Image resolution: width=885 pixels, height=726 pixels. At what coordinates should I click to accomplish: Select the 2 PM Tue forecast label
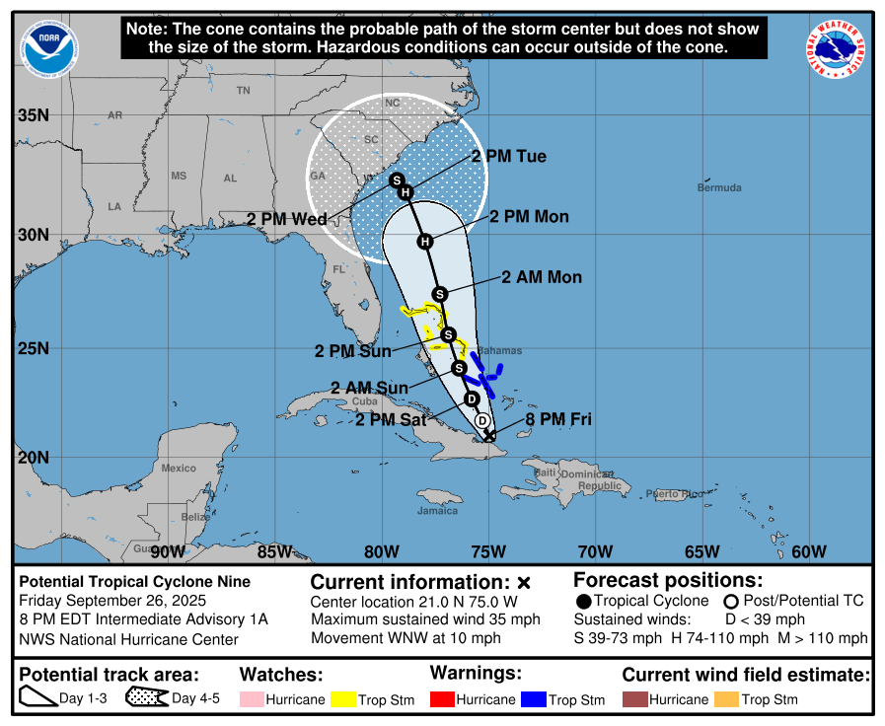coord(508,157)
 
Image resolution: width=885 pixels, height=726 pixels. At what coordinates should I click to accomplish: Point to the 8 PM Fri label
coord(558,419)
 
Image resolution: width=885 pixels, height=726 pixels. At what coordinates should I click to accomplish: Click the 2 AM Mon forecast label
coord(542,277)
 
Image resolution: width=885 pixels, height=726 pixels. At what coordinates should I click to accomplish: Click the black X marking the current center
coord(489,434)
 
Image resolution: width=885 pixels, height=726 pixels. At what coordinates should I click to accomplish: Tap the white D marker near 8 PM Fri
coord(482,420)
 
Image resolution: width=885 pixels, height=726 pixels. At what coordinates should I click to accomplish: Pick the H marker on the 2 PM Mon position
coord(424,242)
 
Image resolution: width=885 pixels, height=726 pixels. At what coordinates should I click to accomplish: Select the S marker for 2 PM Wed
coord(397,181)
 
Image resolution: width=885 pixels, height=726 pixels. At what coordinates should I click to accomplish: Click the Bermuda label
coord(718,187)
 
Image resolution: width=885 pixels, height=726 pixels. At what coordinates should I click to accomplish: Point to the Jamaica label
coord(437,510)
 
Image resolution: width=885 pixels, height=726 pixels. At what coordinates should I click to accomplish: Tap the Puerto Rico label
coord(676,493)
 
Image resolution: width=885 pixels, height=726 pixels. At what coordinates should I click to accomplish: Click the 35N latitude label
coord(33,115)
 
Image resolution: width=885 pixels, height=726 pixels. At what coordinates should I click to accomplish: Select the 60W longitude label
coord(809,551)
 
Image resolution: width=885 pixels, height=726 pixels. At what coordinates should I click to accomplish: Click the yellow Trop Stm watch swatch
coord(343,699)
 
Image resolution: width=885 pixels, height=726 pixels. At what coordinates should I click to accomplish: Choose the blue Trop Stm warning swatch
coord(533,699)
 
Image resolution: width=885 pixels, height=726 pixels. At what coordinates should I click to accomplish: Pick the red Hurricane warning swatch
coord(443,699)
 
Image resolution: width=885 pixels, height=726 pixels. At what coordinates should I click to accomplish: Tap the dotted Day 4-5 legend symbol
coord(146,698)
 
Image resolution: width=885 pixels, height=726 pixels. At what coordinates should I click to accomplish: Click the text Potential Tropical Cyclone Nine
coord(135,582)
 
